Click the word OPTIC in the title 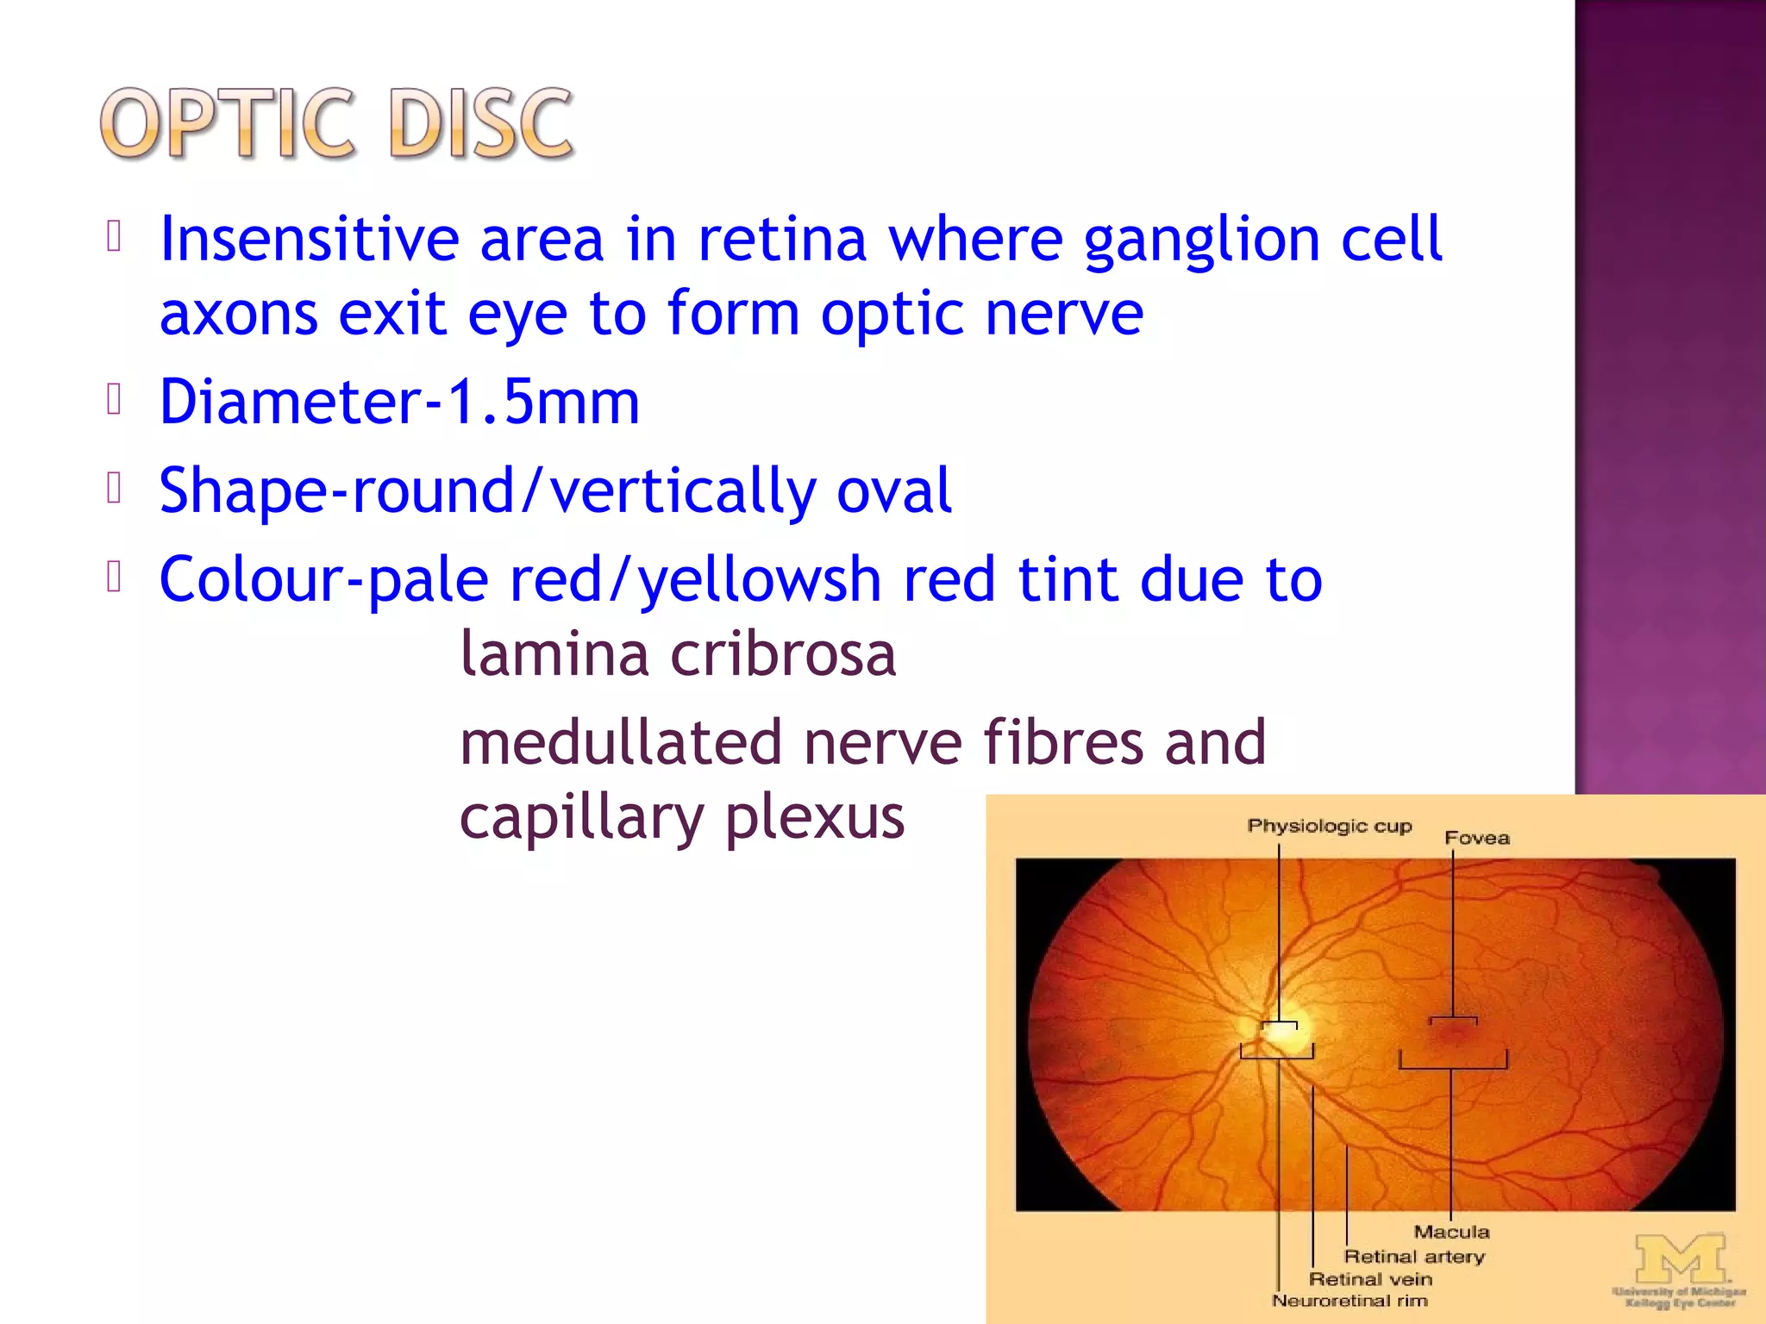pos(227,125)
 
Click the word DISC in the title pos(480,125)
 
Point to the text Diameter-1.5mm pos(399,403)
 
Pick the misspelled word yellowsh pos(759,580)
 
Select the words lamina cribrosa pos(678,654)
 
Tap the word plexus pos(814,817)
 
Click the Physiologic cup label pos(1329,826)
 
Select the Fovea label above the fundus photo pos(1476,838)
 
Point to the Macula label pos(1451,1232)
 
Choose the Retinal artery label pos(1414,1257)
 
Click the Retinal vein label pos(1370,1279)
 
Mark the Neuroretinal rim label pos(1350,1301)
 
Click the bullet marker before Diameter pos(114,399)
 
